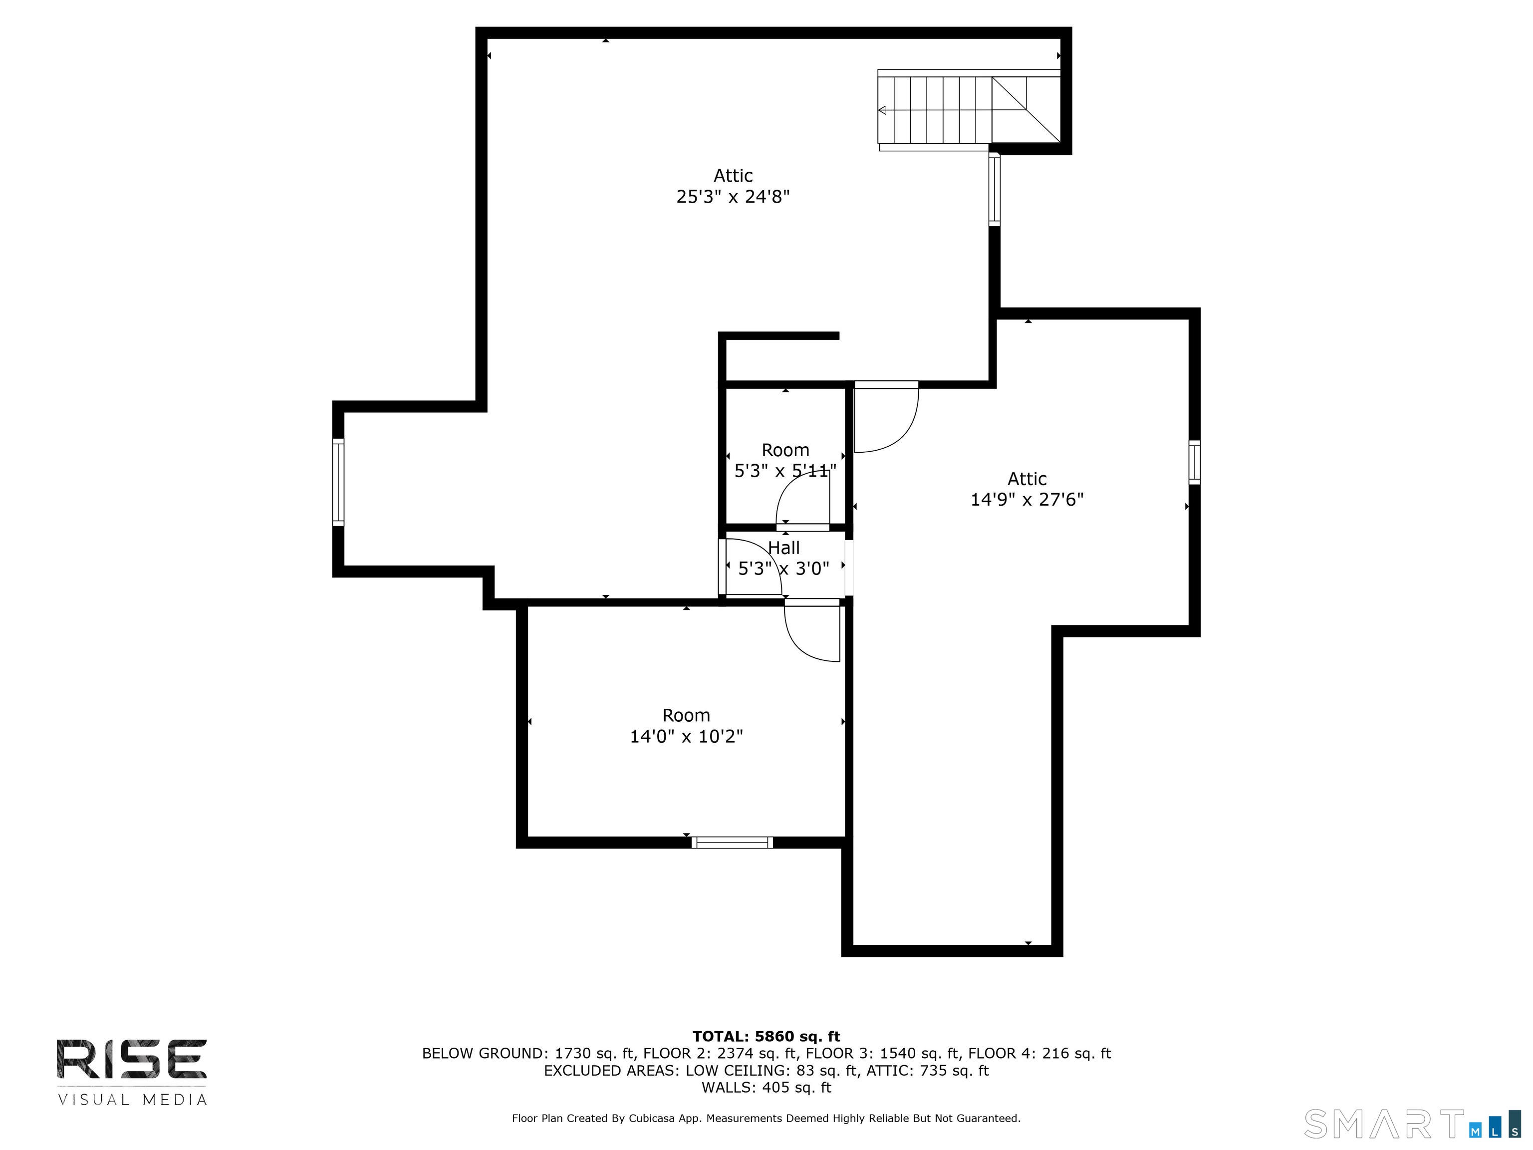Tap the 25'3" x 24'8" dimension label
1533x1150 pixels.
click(x=733, y=197)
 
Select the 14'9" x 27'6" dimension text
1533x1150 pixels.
click(x=1027, y=500)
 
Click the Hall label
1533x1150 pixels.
click(x=784, y=548)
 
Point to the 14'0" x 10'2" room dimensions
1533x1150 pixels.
click(x=686, y=736)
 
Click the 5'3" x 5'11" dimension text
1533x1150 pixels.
click(x=785, y=471)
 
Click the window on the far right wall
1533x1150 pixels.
click(x=1195, y=462)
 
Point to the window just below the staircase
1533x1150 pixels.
click(x=995, y=189)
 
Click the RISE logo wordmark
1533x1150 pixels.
click(x=132, y=1059)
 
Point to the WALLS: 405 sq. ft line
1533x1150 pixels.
click(x=766, y=1087)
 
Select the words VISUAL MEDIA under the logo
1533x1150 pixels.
click(x=132, y=1100)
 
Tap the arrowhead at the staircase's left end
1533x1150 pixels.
click(x=882, y=110)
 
